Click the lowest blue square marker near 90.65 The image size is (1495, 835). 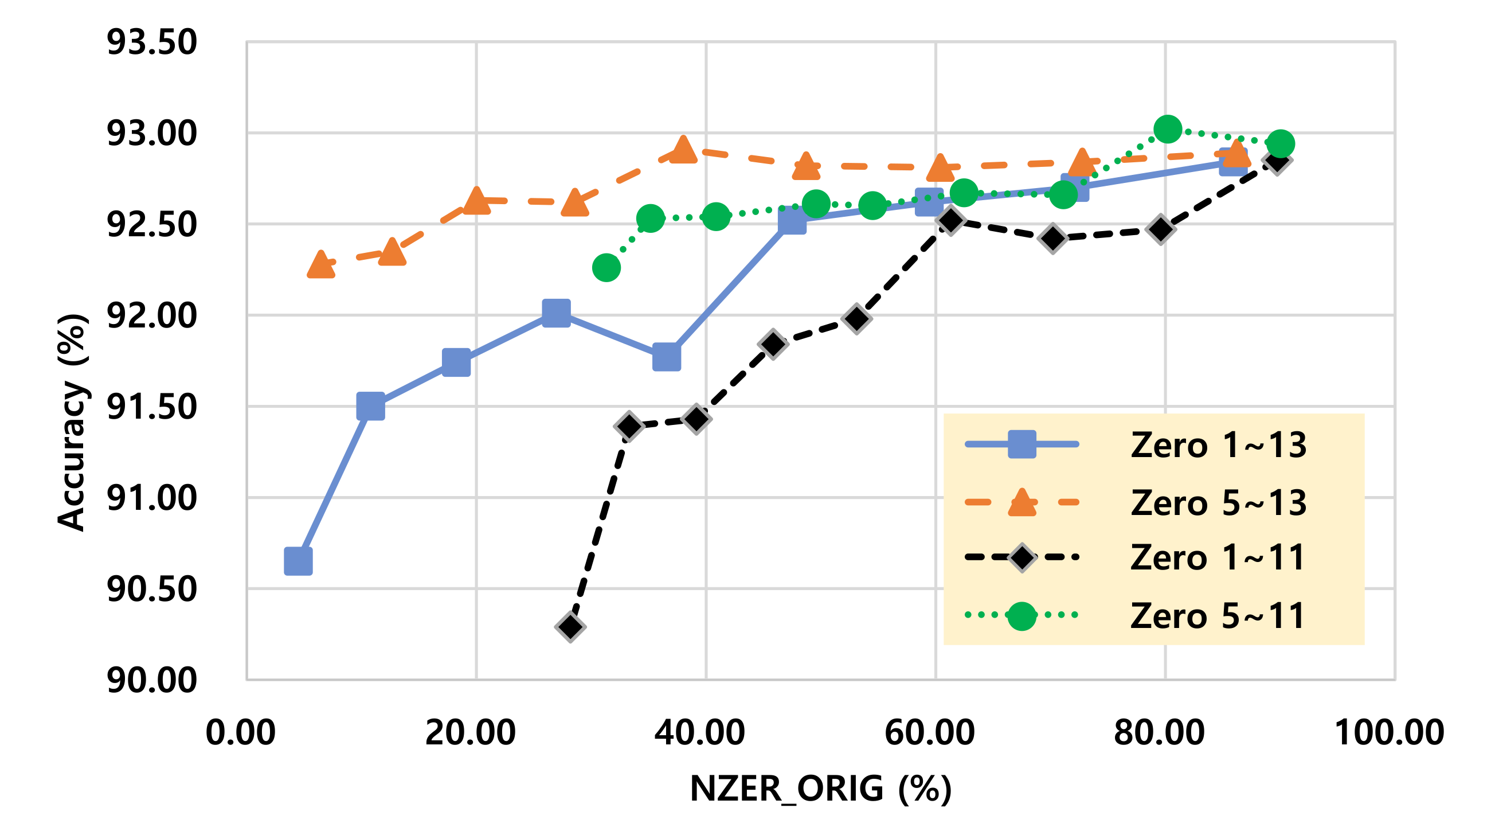point(298,561)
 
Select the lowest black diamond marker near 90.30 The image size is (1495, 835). point(570,627)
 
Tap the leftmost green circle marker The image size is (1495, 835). point(606,268)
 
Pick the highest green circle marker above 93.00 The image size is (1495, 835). point(1168,128)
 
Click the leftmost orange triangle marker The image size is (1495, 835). point(320,266)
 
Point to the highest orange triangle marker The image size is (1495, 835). point(683,150)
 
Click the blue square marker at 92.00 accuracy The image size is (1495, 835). point(556,314)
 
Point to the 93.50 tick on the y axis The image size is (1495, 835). point(151,42)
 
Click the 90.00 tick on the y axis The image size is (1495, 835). point(151,680)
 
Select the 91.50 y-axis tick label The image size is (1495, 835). point(151,407)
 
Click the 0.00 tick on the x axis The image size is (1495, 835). point(240,732)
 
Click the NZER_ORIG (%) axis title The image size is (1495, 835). point(820,789)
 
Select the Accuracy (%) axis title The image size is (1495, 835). point(72,422)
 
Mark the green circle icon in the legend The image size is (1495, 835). point(1022,615)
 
